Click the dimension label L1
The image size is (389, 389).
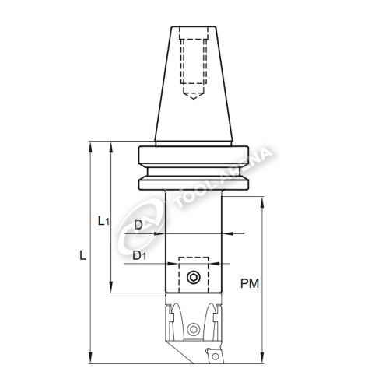click(104, 221)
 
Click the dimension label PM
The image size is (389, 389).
click(250, 283)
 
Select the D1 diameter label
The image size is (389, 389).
click(139, 256)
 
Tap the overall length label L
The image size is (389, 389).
click(82, 255)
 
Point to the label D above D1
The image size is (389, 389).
click(138, 225)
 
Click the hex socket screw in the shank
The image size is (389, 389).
click(194, 278)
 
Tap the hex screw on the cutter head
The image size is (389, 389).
click(194, 330)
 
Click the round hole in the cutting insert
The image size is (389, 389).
click(216, 356)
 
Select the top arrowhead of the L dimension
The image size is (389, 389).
click(90, 147)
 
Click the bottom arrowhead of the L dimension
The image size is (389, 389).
click(90, 358)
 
